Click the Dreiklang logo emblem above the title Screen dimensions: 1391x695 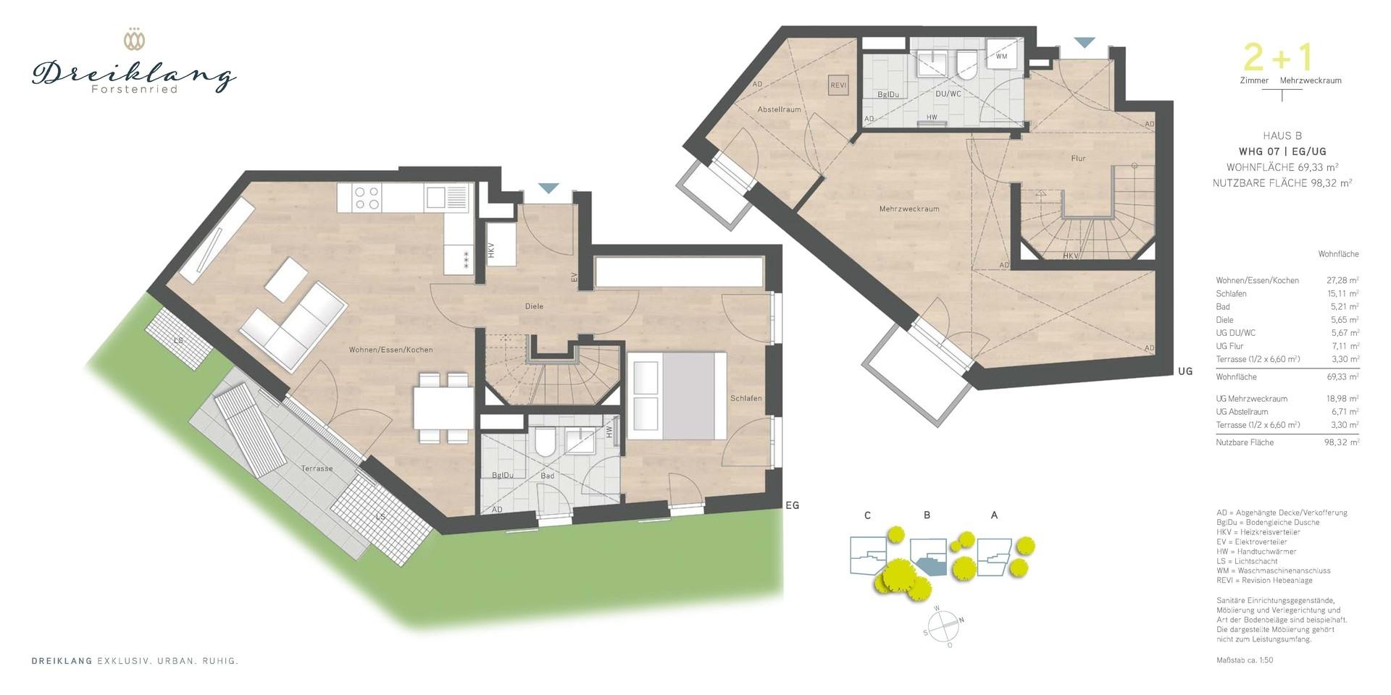point(133,39)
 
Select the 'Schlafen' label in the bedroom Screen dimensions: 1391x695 point(745,398)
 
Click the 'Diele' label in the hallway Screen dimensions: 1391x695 point(534,306)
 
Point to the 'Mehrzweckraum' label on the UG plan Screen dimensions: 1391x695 point(909,208)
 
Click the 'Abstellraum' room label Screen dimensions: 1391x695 point(780,110)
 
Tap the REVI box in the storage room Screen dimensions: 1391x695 point(838,85)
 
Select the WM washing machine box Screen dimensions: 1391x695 point(1001,55)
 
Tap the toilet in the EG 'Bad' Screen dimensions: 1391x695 point(544,441)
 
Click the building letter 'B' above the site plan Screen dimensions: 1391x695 point(927,515)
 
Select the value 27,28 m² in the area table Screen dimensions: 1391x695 point(1342,280)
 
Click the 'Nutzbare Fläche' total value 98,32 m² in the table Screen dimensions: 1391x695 point(1342,442)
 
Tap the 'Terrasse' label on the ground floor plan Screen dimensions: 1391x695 point(317,468)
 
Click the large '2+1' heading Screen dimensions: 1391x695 point(1277,57)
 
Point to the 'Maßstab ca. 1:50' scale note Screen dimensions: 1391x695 point(1245,660)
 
